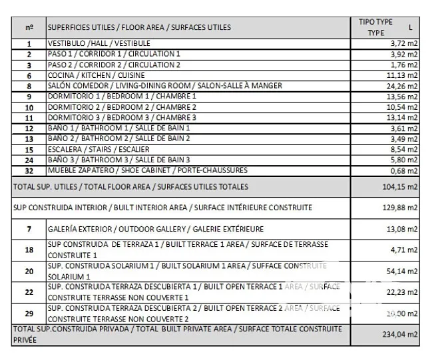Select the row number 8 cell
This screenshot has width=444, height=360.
pos(29,86)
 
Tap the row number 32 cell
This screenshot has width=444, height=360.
pos(29,170)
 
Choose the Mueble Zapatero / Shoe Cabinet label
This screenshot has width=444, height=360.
pos(147,170)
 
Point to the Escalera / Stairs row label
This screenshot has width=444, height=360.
pos(94,150)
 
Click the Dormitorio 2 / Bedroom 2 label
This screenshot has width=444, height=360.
pos(122,107)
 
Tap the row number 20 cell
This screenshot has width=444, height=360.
pos(29,271)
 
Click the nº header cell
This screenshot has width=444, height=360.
pos(29,27)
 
